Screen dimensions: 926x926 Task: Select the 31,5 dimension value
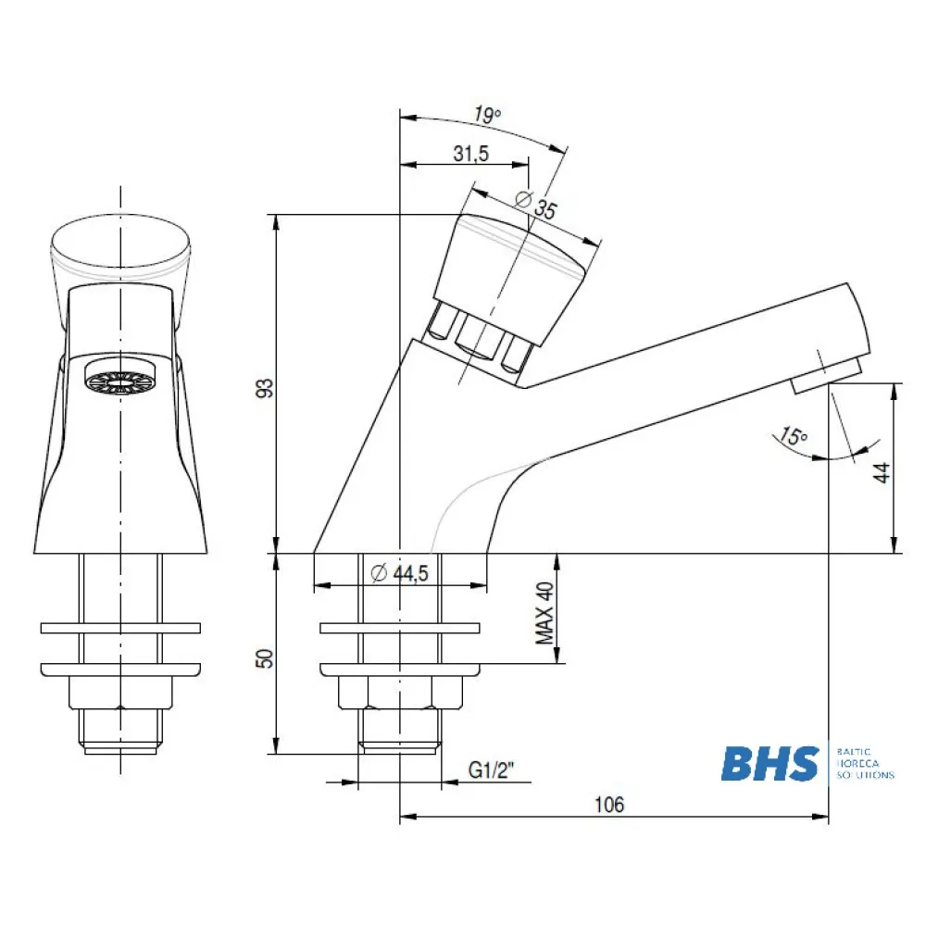(471, 155)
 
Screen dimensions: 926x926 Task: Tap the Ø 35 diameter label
(534, 206)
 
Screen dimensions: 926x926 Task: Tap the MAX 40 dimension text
(545, 613)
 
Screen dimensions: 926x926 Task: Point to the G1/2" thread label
(490, 770)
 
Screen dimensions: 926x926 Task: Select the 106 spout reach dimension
(608, 805)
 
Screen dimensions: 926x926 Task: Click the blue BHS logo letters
(770, 765)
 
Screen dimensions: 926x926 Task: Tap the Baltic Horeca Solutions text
(865, 764)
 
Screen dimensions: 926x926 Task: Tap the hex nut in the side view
(399, 692)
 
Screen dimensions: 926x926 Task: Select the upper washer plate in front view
(120, 629)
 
